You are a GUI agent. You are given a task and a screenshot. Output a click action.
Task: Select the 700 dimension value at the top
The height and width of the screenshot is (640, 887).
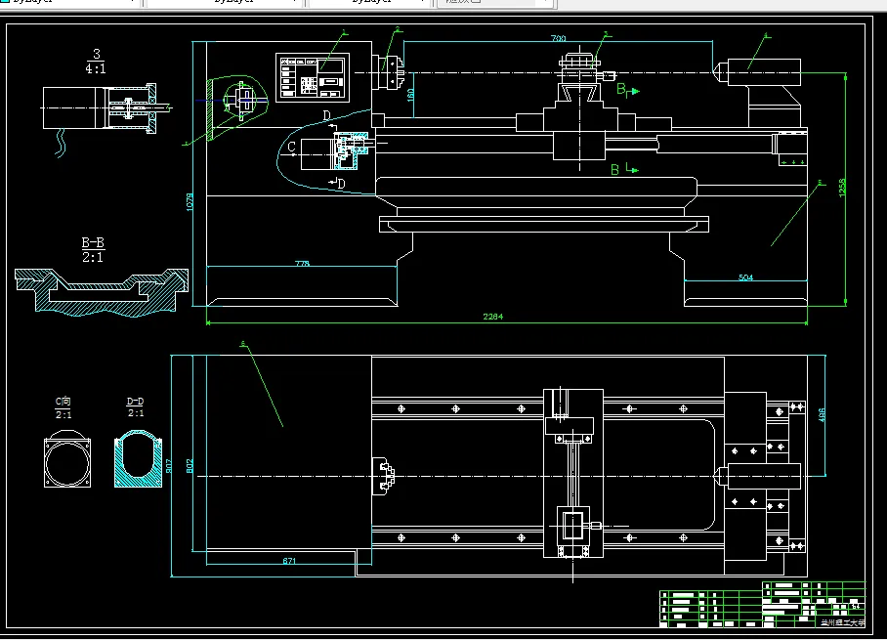(x=558, y=38)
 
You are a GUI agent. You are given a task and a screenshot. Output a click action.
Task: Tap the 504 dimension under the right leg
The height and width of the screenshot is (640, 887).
(x=745, y=277)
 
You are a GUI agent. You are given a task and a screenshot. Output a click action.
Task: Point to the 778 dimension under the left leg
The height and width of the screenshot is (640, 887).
(x=301, y=264)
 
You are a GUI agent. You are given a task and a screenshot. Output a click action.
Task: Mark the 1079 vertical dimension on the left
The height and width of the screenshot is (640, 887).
(x=190, y=202)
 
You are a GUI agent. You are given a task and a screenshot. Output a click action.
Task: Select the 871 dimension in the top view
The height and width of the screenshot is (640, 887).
(x=289, y=560)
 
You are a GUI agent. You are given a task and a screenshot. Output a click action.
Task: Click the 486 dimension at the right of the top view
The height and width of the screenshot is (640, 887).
(x=823, y=415)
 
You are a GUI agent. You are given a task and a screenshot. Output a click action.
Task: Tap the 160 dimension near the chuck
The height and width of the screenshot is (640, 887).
(x=411, y=95)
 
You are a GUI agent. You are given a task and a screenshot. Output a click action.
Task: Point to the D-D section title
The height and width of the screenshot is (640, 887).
(x=136, y=401)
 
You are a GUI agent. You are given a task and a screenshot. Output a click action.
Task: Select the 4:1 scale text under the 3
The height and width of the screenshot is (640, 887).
(x=96, y=69)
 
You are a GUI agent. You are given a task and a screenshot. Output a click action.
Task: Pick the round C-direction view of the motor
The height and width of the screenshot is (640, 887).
(x=66, y=460)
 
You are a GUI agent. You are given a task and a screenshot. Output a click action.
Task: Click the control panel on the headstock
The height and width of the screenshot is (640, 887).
(x=313, y=76)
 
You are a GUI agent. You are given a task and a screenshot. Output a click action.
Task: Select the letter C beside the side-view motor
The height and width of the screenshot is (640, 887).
(x=290, y=148)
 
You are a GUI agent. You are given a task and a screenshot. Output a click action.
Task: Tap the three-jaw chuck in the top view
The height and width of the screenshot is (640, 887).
(x=387, y=476)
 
